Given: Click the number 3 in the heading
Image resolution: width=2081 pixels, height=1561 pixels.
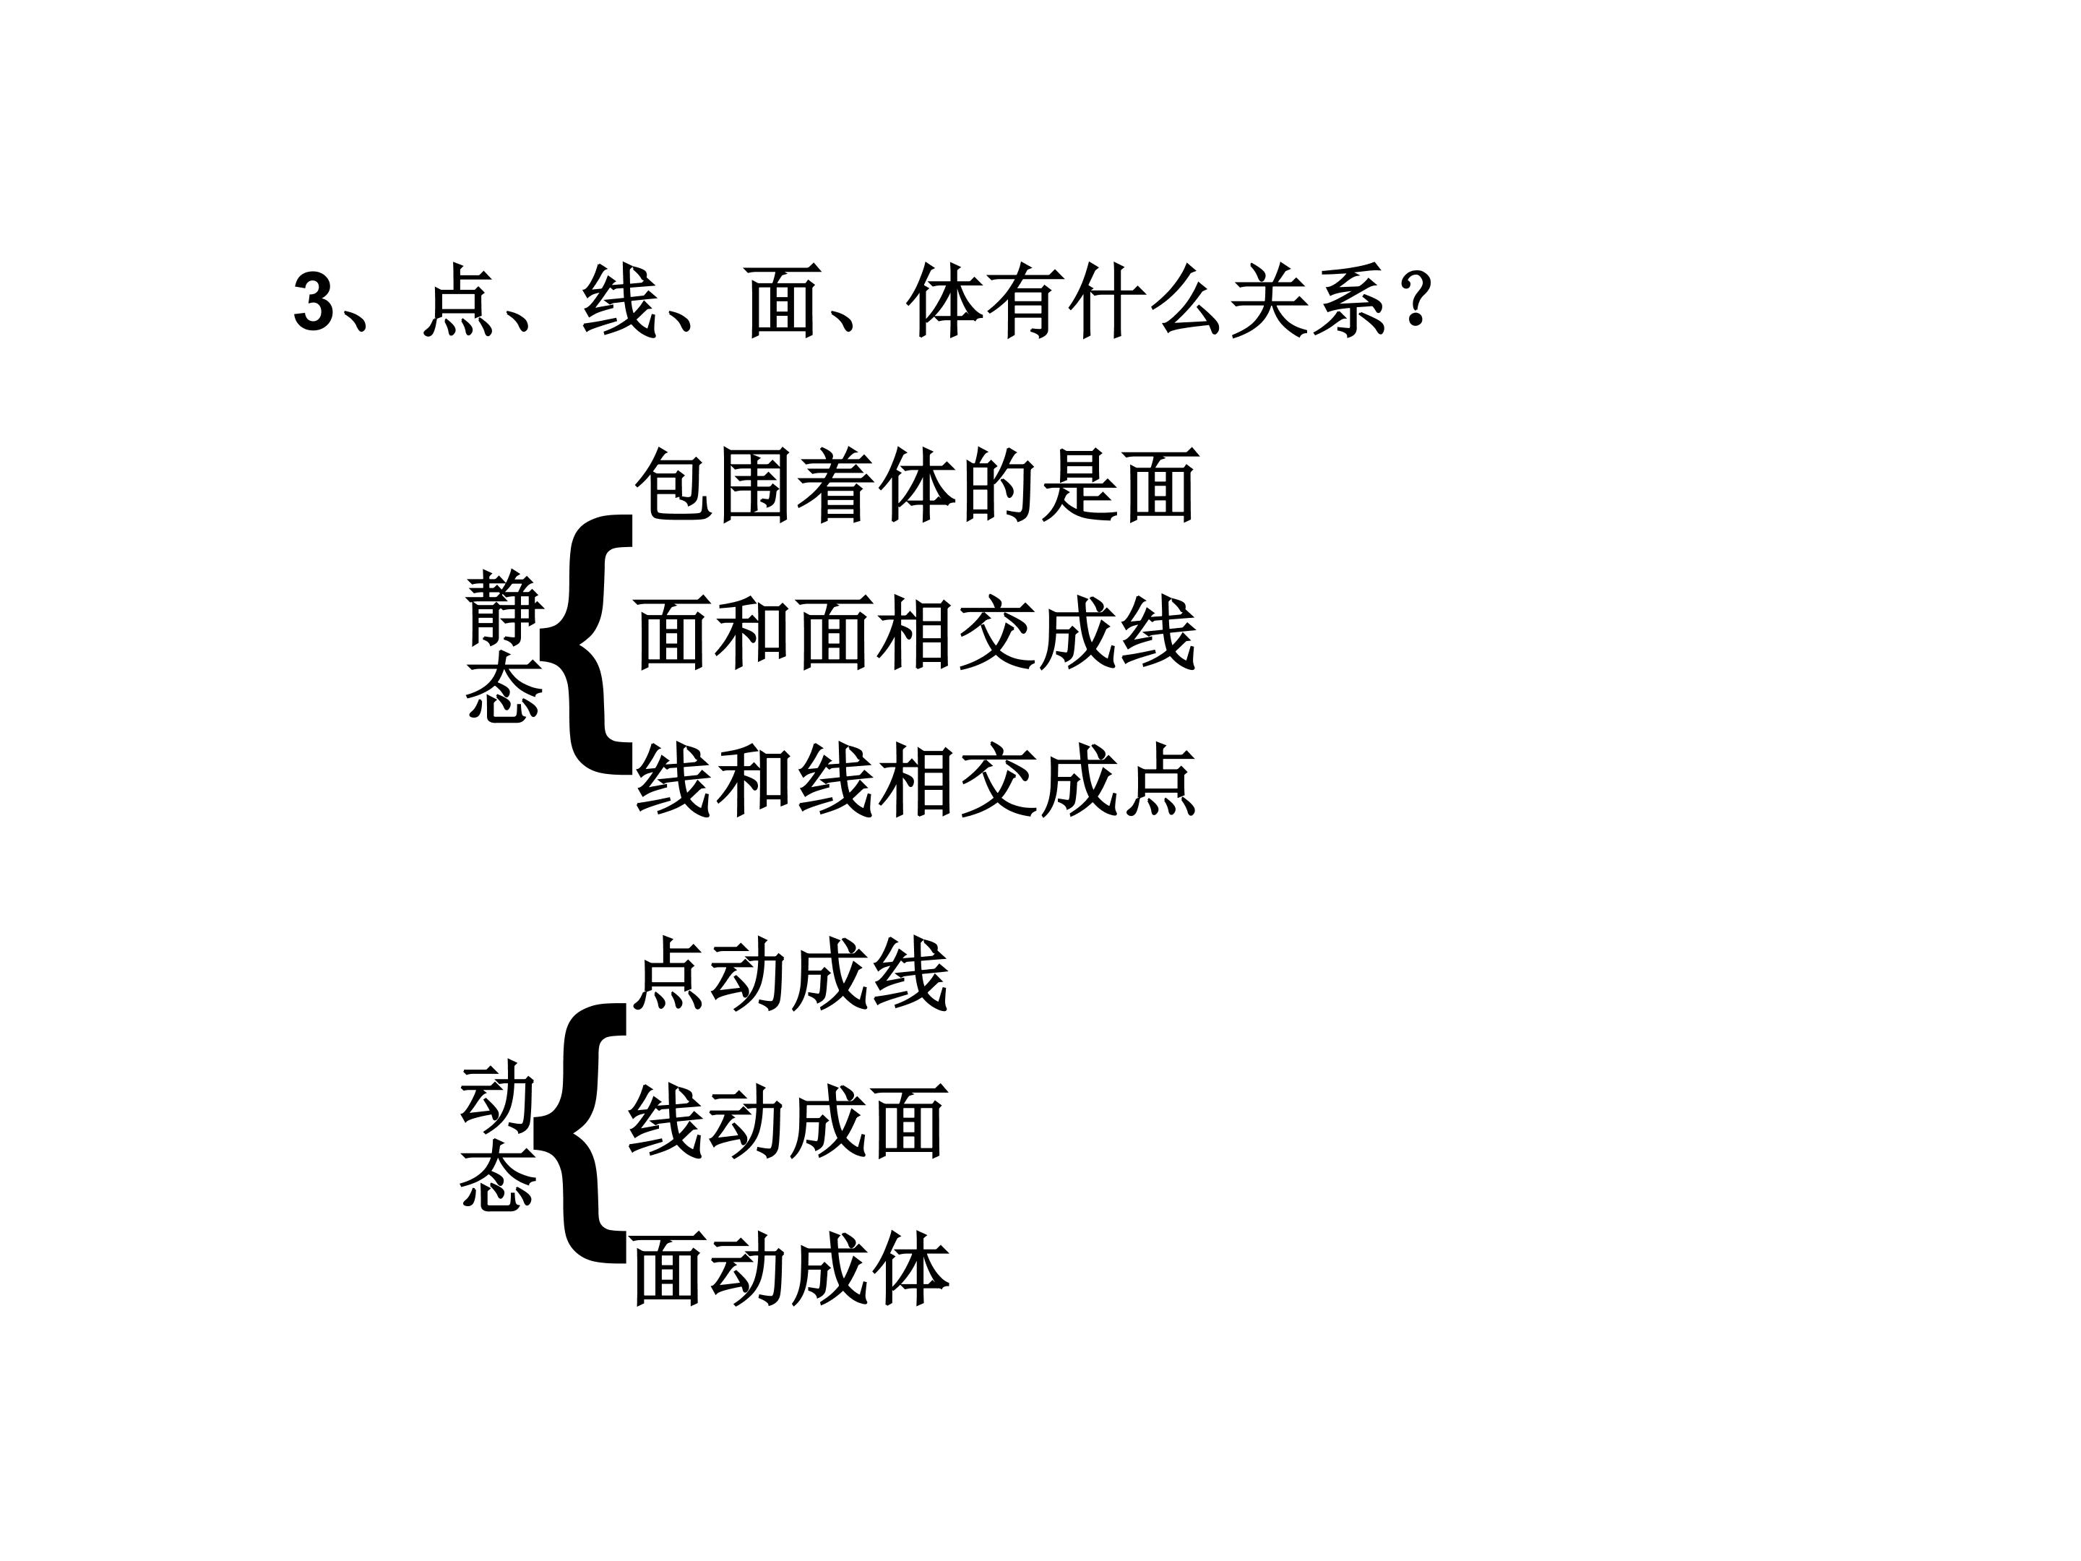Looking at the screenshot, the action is pos(314,303).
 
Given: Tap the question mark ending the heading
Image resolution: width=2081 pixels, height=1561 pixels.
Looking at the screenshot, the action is pos(1414,299).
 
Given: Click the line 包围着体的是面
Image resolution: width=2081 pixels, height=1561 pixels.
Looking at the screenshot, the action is pos(917,486).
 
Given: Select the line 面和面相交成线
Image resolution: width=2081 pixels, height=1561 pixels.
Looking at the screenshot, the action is pos(915,633).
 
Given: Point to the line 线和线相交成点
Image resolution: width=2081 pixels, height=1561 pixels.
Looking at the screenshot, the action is pos(915,780).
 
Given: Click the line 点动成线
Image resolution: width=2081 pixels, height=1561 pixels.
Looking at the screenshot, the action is pos(790,975).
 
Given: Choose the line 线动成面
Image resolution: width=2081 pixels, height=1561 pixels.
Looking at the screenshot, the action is pos(788,1122).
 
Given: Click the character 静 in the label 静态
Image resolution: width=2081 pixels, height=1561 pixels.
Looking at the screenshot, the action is pos(504,608).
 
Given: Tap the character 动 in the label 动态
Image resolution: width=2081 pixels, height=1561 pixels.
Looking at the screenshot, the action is pos(498,1096).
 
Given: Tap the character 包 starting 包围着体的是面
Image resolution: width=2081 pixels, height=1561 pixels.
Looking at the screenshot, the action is pos(675,486).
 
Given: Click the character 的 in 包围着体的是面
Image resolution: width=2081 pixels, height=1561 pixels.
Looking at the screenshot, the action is pos(999,486).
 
